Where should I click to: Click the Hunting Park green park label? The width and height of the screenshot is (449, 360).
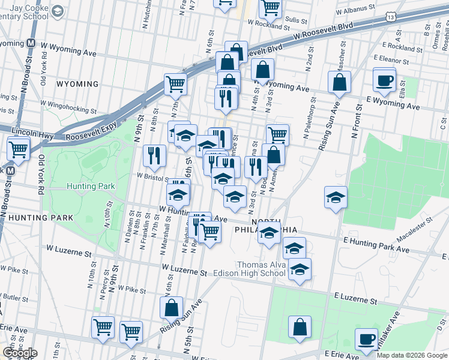91,187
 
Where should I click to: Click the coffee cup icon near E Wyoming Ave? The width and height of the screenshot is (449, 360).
384,80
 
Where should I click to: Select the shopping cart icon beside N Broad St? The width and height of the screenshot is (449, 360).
19,148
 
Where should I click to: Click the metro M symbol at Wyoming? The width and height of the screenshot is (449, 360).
29,44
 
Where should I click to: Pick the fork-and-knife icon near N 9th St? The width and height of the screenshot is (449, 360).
154,156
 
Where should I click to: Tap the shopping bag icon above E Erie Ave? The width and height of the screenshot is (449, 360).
300,328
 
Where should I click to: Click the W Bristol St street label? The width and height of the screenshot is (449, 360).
152,177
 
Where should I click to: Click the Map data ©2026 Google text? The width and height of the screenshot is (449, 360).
411,355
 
